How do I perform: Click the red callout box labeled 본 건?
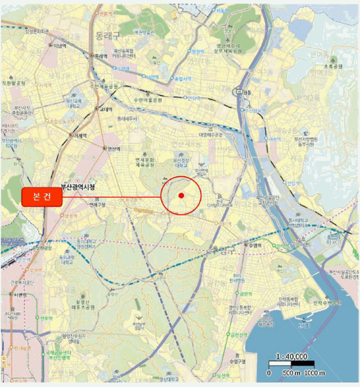[x=40, y=197]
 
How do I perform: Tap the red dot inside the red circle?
[x=181, y=196]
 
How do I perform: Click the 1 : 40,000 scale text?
[x=292, y=357]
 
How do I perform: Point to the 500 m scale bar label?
[x=291, y=373]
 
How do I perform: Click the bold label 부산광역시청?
[x=78, y=187]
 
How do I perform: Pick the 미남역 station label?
[x=59, y=46]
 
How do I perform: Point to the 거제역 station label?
[x=81, y=135]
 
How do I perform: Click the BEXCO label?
[x=334, y=242]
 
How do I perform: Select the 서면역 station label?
[x=18, y=295]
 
